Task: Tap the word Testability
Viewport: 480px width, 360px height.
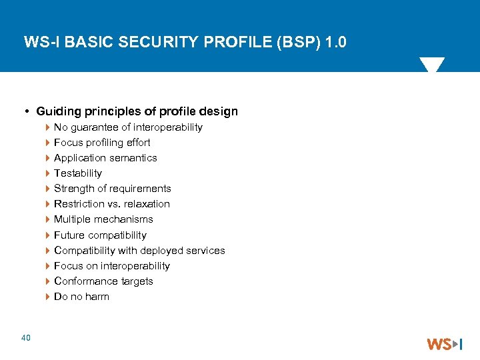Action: (x=78, y=173)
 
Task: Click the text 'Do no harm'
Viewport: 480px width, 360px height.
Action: (x=81, y=297)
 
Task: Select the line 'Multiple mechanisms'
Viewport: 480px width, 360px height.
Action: (x=103, y=219)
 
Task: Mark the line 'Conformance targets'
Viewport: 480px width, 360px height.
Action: (x=103, y=281)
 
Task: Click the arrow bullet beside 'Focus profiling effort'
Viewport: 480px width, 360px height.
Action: (x=48, y=143)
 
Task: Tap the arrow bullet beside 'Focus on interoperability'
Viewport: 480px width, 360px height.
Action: (x=48, y=266)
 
